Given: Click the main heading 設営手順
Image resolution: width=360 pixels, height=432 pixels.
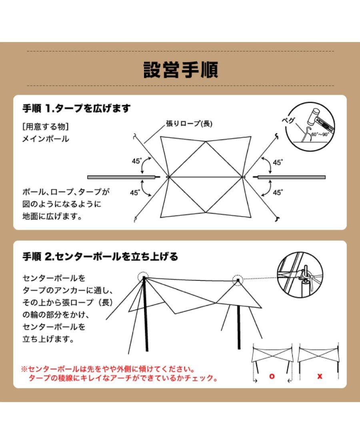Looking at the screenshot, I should point(180,69).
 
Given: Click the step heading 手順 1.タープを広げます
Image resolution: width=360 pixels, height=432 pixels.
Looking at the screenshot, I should point(76,109).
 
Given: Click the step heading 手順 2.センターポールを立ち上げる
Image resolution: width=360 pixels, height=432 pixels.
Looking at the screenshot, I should point(100,256).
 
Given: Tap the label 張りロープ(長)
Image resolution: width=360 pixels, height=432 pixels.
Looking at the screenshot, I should point(189,124).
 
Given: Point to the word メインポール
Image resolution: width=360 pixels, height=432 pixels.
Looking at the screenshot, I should point(46,139).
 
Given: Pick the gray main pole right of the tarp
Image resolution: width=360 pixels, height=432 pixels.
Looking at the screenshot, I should point(292,177).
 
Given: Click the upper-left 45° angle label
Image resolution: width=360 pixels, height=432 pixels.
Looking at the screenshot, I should point(137,161).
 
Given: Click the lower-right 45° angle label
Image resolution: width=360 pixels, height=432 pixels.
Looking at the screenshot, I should point(278,192).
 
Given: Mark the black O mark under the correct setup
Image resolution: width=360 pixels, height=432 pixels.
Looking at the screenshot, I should point(272,376).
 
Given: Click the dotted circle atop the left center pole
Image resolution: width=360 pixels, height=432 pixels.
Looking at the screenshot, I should point(143,277).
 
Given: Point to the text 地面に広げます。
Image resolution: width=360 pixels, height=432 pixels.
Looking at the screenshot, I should point(52,216).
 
